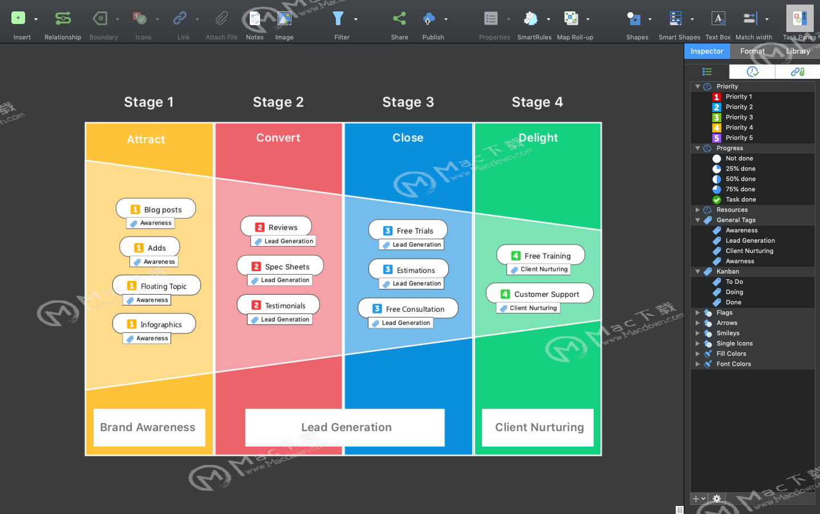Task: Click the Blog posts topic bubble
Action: (x=156, y=209)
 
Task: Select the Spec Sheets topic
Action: (x=280, y=266)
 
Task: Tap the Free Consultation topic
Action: (x=408, y=309)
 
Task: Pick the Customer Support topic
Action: (x=539, y=294)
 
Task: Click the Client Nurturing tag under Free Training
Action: (x=539, y=269)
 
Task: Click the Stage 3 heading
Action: (x=408, y=102)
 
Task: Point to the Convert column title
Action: (x=278, y=138)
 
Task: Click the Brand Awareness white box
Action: (x=149, y=428)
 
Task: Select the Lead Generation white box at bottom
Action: (x=345, y=428)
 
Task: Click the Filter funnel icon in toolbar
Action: (x=338, y=18)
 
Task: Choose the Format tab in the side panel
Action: (x=752, y=51)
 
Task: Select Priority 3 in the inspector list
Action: (x=739, y=117)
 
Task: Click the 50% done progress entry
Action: (x=741, y=179)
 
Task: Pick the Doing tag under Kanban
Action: (x=734, y=292)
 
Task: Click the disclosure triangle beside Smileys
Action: (x=697, y=333)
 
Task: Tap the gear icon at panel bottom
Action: (x=717, y=499)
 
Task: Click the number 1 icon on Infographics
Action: (x=131, y=324)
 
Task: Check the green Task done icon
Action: (x=717, y=200)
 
